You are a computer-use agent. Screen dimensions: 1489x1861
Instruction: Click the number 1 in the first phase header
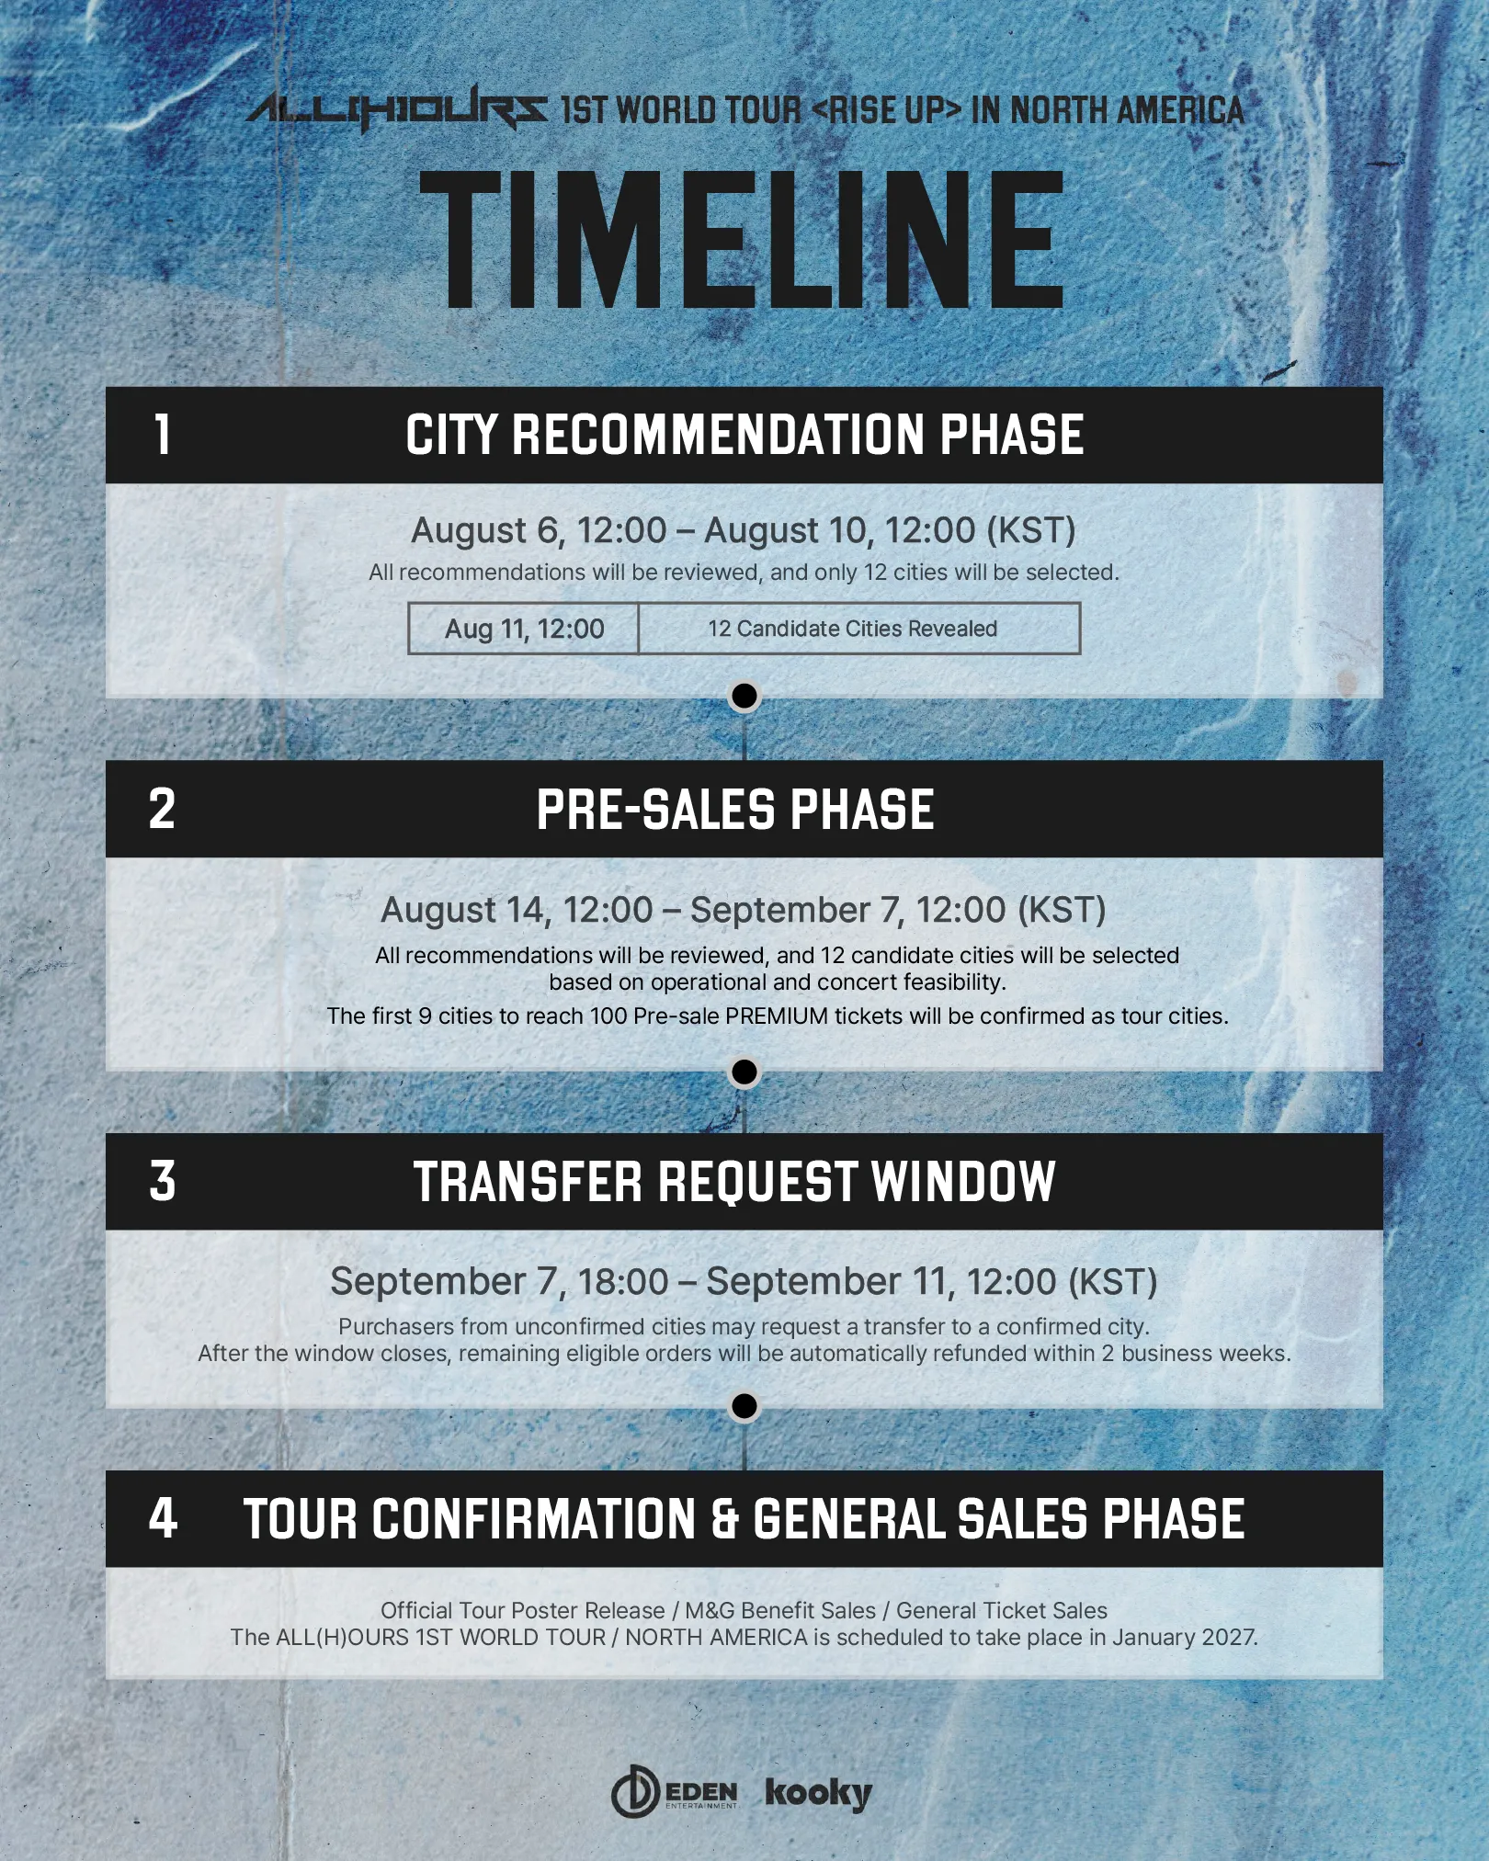pyautogui.click(x=163, y=435)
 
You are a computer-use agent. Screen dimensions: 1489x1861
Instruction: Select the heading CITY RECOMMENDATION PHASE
pyautogui.click(x=744, y=435)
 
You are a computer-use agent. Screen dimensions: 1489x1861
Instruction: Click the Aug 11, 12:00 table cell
pyautogui.click(x=524, y=629)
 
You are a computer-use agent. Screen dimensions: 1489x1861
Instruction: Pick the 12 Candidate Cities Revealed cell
pyautogui.click(x=859, y=629)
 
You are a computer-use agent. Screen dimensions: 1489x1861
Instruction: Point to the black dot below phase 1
pyautogui.click(x=744, y=697)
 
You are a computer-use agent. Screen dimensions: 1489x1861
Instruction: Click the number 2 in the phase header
pyautogui.click(x=162, y=810)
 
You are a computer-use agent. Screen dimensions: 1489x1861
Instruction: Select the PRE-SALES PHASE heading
pyautogui.click(x=735, y=810)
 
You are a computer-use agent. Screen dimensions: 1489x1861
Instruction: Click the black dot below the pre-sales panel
pyautogui.click(x=744, y=1072)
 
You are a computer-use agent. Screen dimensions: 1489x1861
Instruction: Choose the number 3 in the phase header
pyautogui.click(x=163, y=1182)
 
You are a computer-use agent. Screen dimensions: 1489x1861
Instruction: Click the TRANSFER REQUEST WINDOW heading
pyautogui.click(x=734, y=1182)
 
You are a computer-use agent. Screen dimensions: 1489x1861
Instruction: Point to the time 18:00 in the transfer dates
pyautogui.click(x=623, y=1281)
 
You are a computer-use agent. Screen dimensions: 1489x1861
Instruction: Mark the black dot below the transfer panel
pyautogui.click(x=744, y=1406)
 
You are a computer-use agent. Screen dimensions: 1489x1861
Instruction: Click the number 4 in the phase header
pyautogui.click(x=163, y=1518)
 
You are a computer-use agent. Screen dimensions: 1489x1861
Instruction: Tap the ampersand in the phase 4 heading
pyautogui.click(x=725, y=1519)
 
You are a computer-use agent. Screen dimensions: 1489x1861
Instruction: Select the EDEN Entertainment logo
pyautogui.click(x=675, y=1791)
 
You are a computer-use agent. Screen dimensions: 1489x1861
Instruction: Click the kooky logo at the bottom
pyautogui.click(x=819, y=1793)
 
